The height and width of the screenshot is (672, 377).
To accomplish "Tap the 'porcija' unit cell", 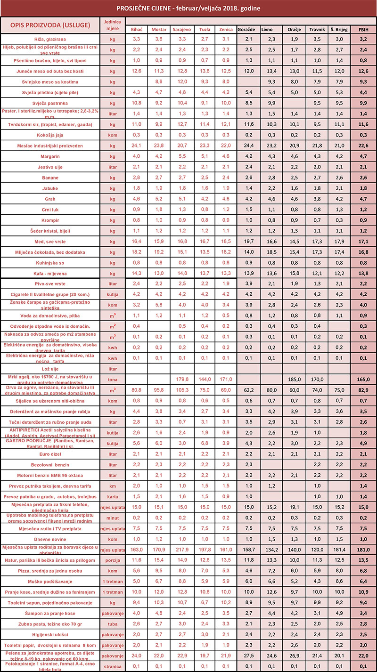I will pos(113,560).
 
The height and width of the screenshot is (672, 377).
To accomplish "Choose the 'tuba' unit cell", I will pos(113,623).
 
